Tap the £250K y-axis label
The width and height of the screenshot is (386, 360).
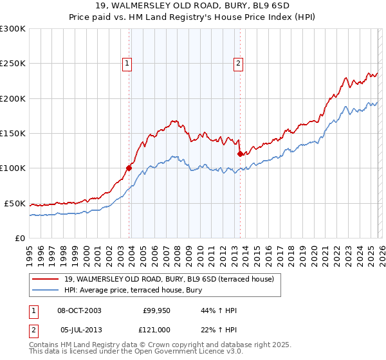13,64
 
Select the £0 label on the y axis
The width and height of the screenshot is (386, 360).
19,238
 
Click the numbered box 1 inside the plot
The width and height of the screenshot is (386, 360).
127,63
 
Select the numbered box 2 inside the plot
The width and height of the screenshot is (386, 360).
238,63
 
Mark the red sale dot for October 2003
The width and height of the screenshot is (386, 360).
129,168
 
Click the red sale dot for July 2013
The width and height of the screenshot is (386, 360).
240,154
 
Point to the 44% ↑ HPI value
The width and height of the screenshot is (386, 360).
219,310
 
